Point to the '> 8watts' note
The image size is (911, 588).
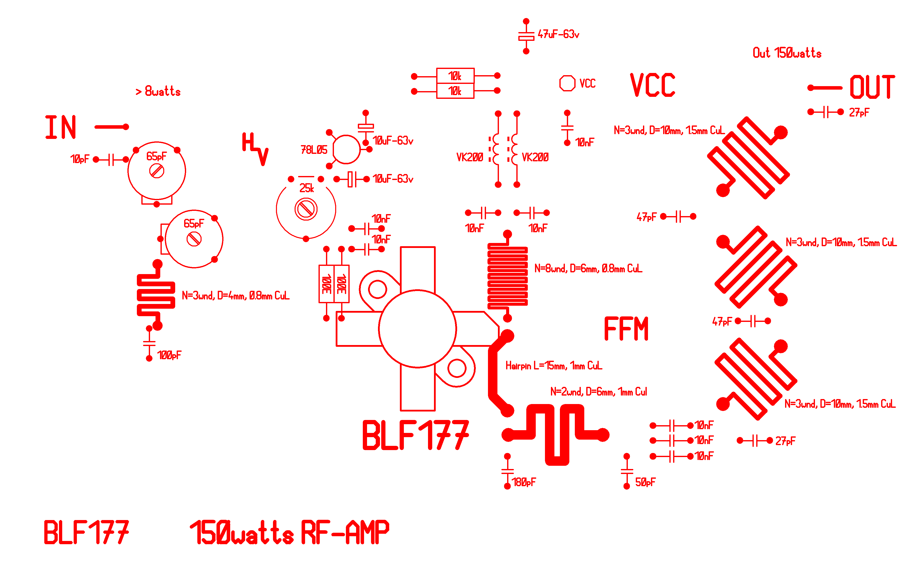click(158, 91)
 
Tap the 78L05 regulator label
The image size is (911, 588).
click(314, 150)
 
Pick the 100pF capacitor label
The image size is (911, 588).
click(169, 355)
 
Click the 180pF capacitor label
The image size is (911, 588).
click(523, 482)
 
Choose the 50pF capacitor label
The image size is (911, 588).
click(645, 482)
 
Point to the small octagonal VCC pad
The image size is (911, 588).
click(567, 83)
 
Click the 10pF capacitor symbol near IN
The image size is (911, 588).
click(111, 160)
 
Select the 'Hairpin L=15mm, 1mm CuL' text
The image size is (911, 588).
click(553, 366)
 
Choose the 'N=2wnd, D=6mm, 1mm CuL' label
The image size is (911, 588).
click(598, 392)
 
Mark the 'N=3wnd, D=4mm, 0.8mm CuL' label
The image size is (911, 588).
click(235, 295)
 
